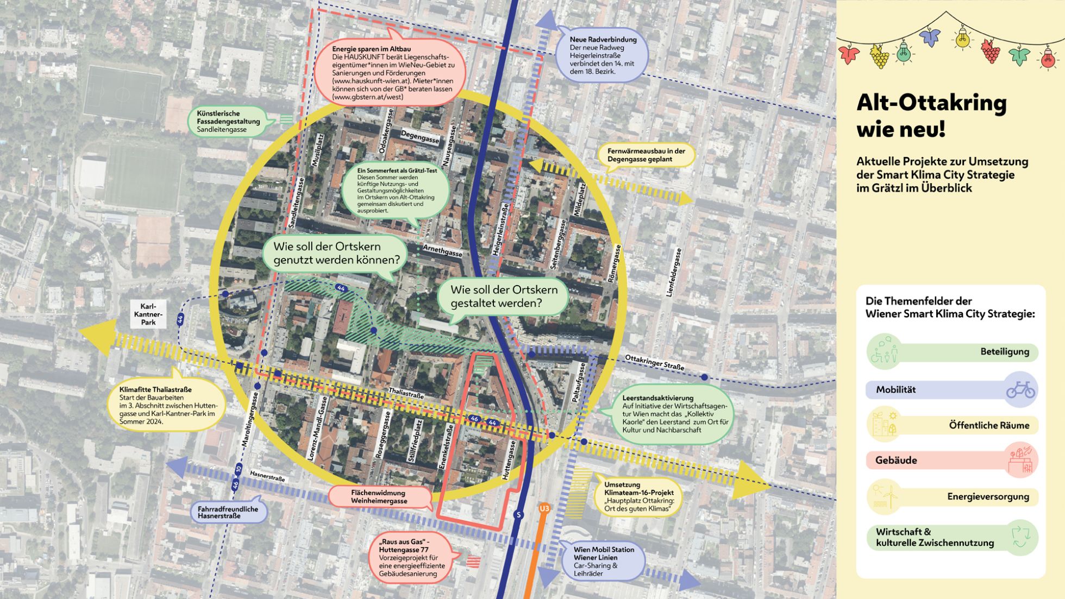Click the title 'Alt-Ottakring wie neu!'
coord(931,115)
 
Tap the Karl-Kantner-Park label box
coord(148,314)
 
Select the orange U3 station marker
coord(544,508)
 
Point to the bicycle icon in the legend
coord(1020,389)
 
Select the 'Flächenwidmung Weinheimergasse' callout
coord(379,496)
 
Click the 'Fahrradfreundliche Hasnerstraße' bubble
coord(228,512)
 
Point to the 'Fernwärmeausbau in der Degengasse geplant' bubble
coord(646,155)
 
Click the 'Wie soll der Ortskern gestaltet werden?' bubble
coord(504,297)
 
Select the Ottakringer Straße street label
coord(654,362)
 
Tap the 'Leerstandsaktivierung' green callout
coord(674,414)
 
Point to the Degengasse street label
coord(419,137)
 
